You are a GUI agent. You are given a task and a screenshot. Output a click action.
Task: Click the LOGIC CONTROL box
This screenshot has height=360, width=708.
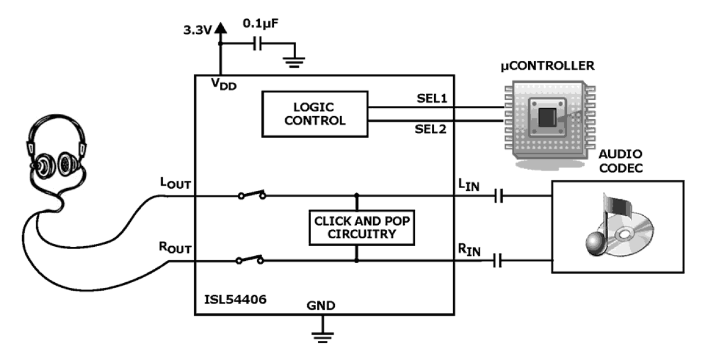[314, 114]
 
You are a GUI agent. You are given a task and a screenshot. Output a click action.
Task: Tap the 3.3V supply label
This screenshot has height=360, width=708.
[198, 30]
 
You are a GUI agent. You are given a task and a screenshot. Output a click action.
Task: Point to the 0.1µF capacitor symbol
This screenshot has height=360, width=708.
[257, 44]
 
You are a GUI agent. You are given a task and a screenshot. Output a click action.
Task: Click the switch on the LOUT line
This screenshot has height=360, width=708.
[251, 195]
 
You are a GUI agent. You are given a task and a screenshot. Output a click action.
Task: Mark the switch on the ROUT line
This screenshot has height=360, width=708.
[250, 260]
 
